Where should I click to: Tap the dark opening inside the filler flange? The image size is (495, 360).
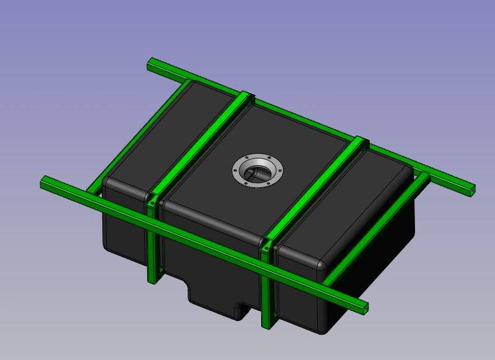tap(257, 173)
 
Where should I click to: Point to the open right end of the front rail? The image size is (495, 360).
tap(365, 307)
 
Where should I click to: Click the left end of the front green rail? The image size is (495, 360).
tap(45, 182)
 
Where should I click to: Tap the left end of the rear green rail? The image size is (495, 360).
tap(150, 63)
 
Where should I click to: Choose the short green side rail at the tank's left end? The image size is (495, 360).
tap(133, 136)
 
